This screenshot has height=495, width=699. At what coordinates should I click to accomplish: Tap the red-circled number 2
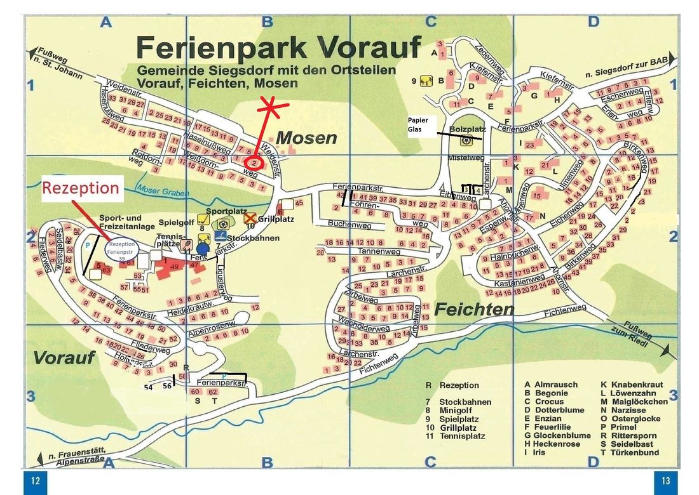click(x=254, y=163)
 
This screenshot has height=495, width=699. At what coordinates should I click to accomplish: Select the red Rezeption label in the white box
click(x=81, y=188)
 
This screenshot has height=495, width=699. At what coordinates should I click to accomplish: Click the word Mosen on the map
click(x=306, y=137)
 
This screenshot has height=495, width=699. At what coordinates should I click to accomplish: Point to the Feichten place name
click(x=475, y=310)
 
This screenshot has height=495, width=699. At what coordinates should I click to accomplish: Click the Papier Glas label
click(x=418, y=124)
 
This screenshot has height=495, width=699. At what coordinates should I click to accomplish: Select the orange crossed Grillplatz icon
click(x=250, y=218)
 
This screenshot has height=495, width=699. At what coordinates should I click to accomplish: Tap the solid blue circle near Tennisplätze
click(x=202, y=248)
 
